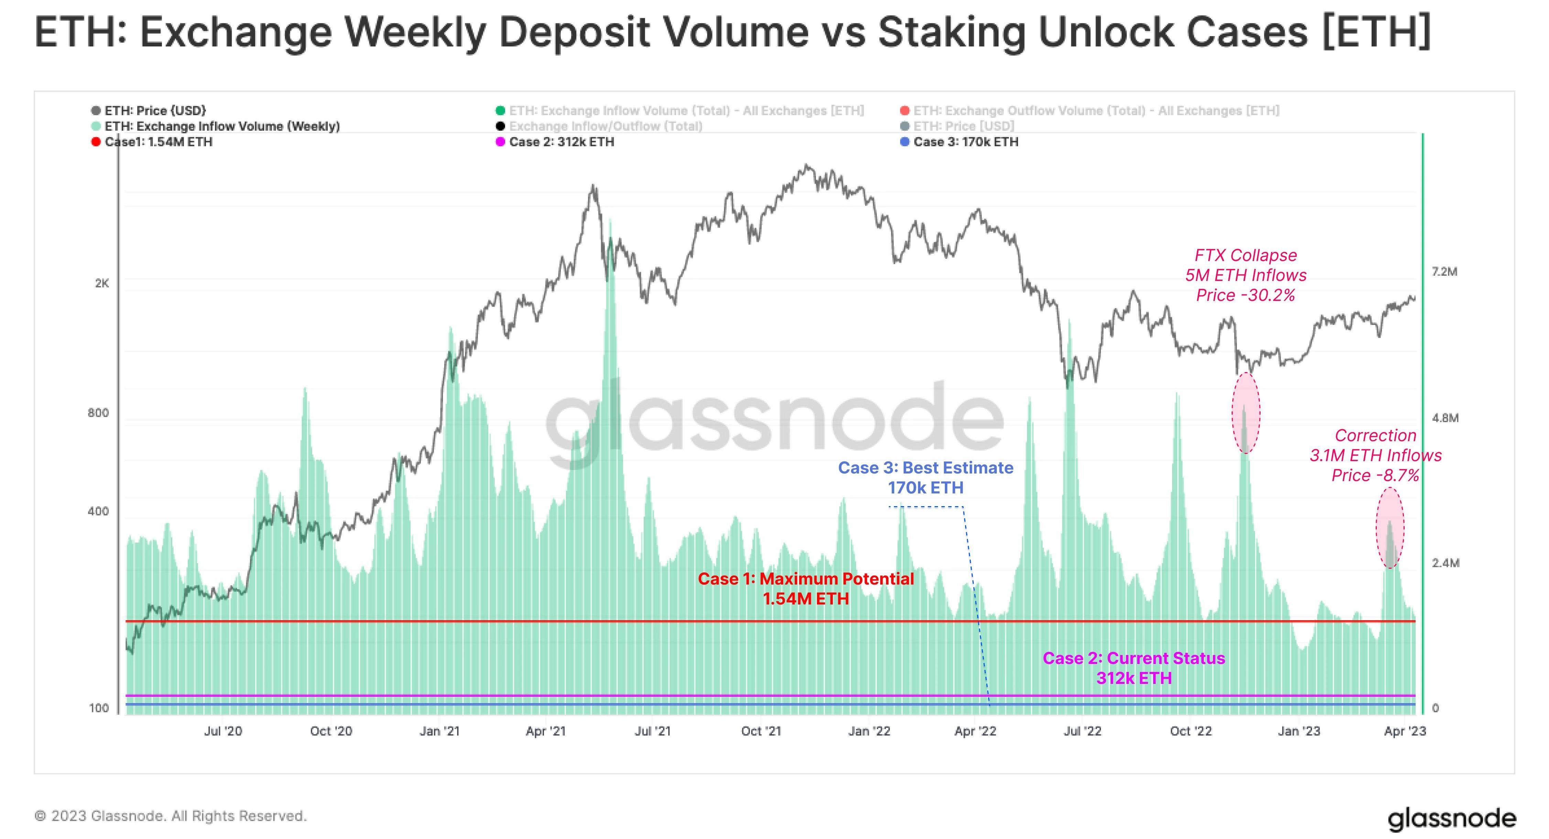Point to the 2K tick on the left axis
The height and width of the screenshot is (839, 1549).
pyautogui.click(x=102, y=283)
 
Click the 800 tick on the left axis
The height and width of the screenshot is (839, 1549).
pyautogui.click(x=98, y=413)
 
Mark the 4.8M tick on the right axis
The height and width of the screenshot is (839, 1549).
pyautogui.click(x=1445, y=418)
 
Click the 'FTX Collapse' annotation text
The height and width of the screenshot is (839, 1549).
pyautogui.click(x=1245, y=255)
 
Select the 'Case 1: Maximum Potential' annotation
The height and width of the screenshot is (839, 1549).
pyautogui.click(x=805, y=579)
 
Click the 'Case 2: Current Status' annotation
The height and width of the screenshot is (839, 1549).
pyautogui.click(x=1134, y=658)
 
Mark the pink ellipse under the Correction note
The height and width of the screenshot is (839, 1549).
pyautogui.click(x=1390, y=527)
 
